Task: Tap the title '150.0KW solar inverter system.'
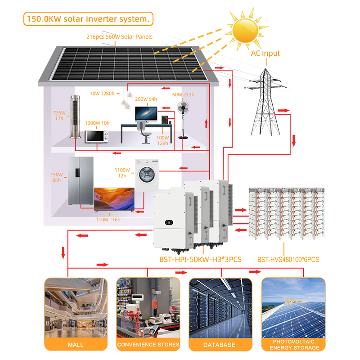[88, 19]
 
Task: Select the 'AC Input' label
[265, 53]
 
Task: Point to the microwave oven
[98, 136]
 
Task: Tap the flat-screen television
[114, 199]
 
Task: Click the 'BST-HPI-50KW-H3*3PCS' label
[201, 260]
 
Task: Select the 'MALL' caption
[76, 345]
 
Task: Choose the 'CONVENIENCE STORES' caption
[148, 345]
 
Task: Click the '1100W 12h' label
[123, 173]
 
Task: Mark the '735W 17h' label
[59, 116]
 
